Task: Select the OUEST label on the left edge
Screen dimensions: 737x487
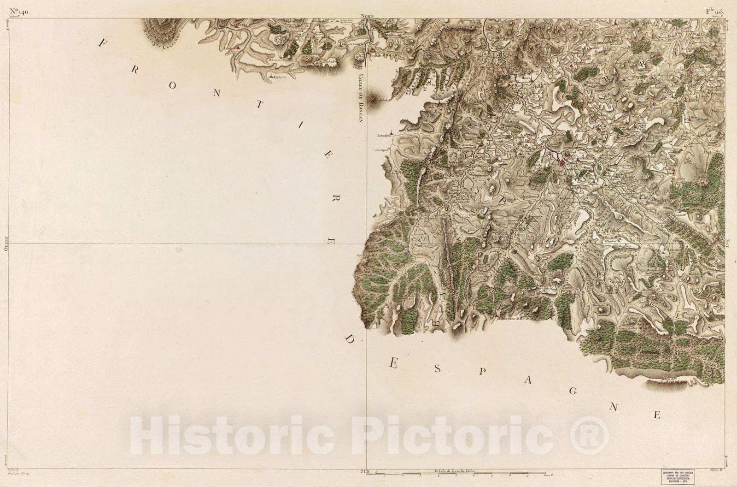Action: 6,243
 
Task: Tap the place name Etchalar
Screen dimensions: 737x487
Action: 281,78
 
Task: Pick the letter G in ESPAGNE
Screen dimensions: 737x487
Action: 573,391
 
